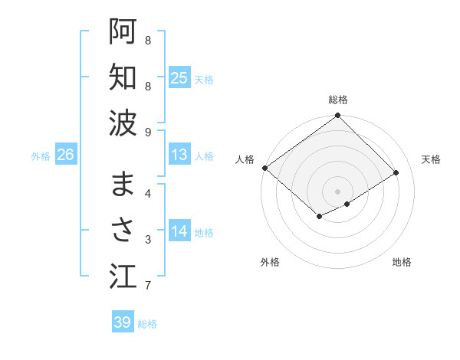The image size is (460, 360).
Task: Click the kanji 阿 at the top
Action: [x=123, y=32]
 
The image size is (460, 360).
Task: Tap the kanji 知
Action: [x=123, y=77]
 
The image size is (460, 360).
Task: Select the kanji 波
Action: [x=123, y=122]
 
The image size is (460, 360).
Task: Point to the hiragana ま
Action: [x=123, y=185]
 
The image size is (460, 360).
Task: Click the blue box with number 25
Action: [x=179, y=77]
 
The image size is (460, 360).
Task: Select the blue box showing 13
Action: [x=179, y=155]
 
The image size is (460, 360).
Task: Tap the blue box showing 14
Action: [x=179, y=231]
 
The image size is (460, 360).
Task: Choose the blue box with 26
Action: [x=65, y=155]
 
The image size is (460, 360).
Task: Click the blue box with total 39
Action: [x=122, y=322]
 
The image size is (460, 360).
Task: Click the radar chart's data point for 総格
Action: [x=337, y=116]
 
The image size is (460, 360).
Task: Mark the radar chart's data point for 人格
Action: [x=264, y=168]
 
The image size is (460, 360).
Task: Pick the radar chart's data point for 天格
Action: [x=396, y=173]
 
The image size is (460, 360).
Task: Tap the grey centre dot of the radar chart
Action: [x=337, y=191]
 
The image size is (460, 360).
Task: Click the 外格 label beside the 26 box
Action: [x=41, y=155]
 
